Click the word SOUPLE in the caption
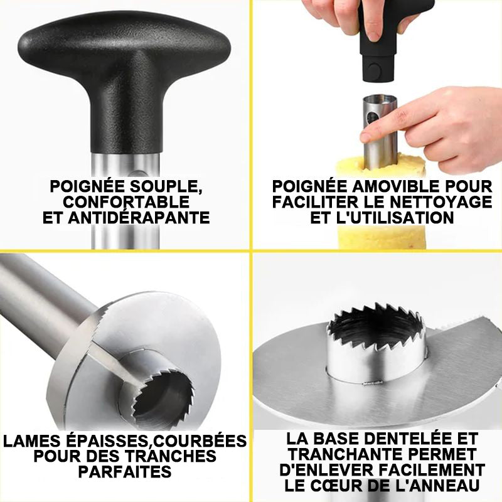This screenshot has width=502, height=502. [x=166, y=186]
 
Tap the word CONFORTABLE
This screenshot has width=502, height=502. [x=126, y=202]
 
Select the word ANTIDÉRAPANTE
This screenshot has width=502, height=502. [x=139, y=217]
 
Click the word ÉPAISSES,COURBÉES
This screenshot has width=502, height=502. [x=155, y=441]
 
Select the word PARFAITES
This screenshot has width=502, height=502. [x=125, y=471]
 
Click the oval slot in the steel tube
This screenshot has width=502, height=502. [x=371, y=117]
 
